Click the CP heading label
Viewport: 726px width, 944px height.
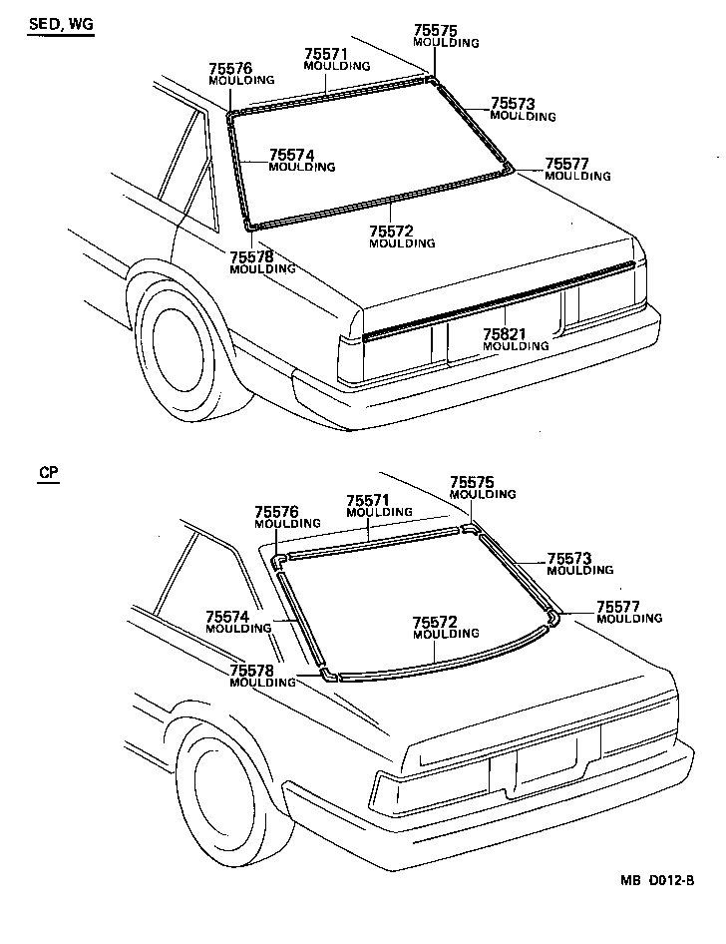[48, 474]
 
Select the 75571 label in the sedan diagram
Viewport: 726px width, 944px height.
[325, 54]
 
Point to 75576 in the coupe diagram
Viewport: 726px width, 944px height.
[276, 511]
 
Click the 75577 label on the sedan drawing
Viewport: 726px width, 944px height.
[566, 164]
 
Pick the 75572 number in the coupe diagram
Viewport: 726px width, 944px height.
[434, 622]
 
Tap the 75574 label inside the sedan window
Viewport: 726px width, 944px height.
[291, 155]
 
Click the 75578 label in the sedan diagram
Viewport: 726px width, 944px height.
[251, 256]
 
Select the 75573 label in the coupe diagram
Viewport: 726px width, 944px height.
[569, 558]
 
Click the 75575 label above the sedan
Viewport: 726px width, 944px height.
[434, 31]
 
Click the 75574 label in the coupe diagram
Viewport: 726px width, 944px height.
[227, 617]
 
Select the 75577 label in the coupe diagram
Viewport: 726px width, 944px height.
[618, 606]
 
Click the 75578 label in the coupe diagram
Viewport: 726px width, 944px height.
[251, 671]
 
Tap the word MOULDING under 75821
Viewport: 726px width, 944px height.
[515, 346]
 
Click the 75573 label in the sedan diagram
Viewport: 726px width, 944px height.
[513, 104]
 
